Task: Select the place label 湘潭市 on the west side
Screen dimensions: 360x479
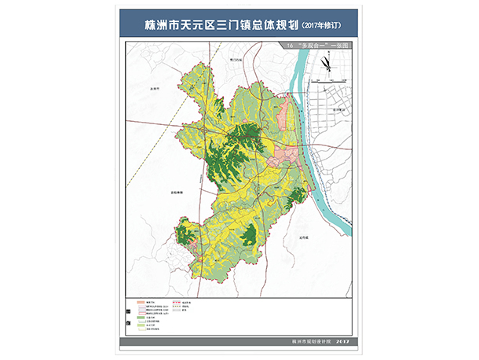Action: click(155, 88)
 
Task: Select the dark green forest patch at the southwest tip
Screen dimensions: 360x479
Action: click(186, 234)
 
